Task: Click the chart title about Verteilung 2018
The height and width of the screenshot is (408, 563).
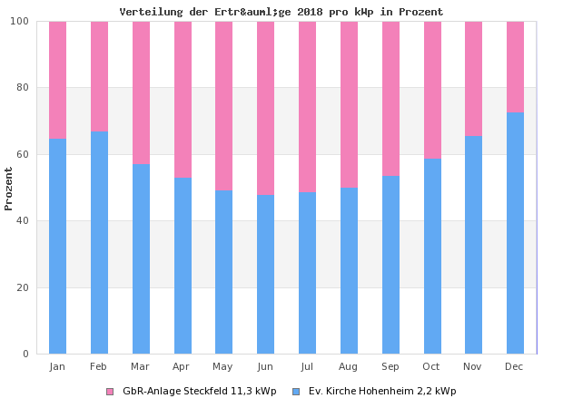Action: [x=281, y=12]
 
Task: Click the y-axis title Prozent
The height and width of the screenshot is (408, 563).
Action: [x=9, y=189]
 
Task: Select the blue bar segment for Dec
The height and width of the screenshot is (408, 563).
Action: [x=515, y=233]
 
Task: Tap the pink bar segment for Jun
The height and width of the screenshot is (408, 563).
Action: [x=265, y=108]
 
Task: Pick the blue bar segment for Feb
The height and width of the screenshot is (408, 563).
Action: [x=99, y=242]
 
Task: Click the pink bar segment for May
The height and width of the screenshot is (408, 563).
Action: [x=223, y=105]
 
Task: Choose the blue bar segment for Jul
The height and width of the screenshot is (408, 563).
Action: [x=307, y=272]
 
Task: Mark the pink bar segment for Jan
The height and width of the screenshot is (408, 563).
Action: [x=57, y=80]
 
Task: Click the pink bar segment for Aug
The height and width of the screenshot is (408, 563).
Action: [x=349, y=104]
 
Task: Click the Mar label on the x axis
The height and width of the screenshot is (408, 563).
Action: [x=140, y=366]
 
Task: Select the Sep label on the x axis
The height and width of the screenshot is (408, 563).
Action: [x=390, y=366]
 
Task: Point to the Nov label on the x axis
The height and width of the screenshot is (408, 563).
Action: [x=473, y=366]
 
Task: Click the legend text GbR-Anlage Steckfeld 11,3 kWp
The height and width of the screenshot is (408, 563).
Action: [x=199, y=392]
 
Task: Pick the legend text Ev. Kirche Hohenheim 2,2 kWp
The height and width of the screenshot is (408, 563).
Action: [x=382, y=392]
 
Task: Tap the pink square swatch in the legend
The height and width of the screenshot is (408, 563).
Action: [x=110, y=392]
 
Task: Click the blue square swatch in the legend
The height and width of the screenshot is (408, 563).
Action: [x=296, y=392]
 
